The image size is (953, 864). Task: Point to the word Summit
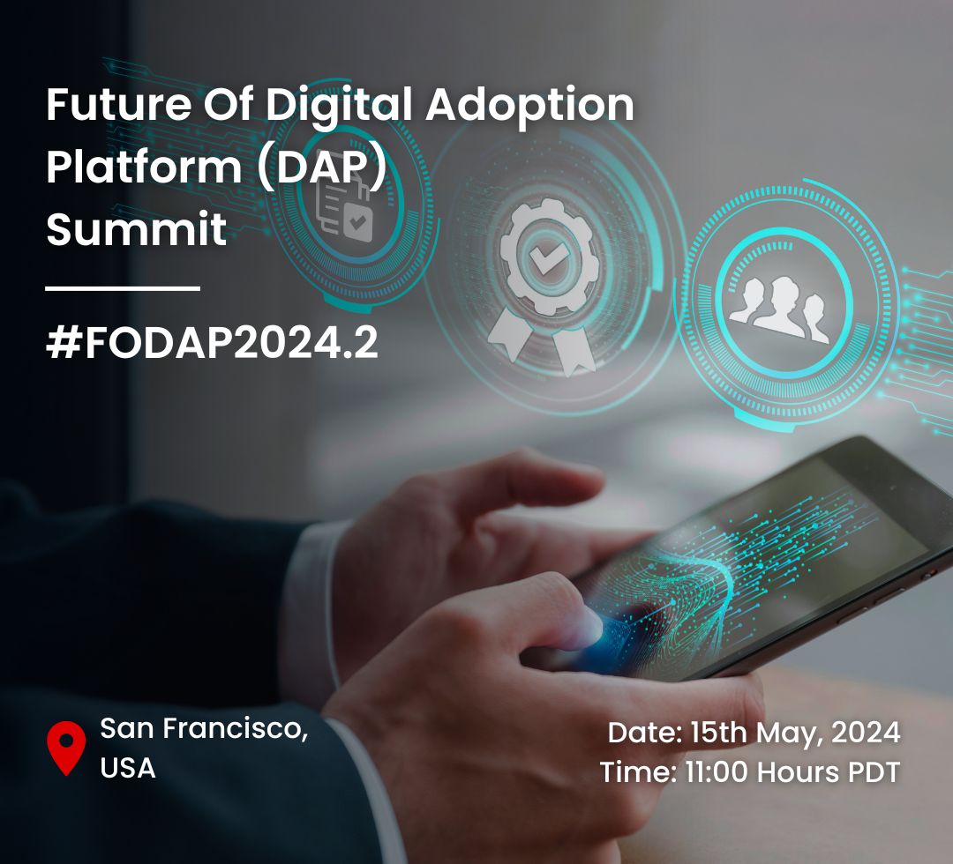pyautogui.click(x=136, y=229)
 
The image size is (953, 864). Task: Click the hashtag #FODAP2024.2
pyautogui.click(x=212, y=342)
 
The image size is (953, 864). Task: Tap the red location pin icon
pyautogui.click(x=66, y=748)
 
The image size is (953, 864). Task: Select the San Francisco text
pyautogui.click(x=204, y=728)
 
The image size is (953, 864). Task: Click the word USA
pyautogui.click(x=128, y=768)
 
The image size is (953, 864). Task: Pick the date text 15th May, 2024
pyautogui.click(x=795, y=734)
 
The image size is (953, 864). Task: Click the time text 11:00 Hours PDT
pyautogui.click(x=792, y=772)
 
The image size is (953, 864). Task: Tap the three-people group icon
pyautogui.click(x=780, y=309)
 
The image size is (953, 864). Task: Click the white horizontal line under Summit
pyautogui.click(x=123, y=287)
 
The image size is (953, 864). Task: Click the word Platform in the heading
pyautogui.click(x=144, y=167)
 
